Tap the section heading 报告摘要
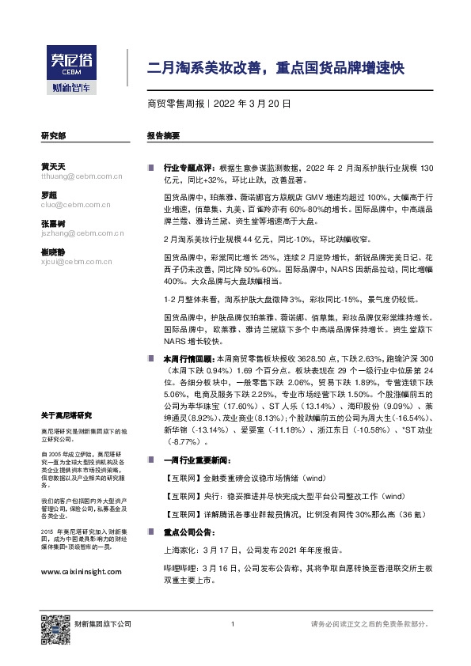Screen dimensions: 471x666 tap(163, 136)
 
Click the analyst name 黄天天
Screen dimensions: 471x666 tap(52, 166)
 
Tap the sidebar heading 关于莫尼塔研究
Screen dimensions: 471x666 tap(66, 415)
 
